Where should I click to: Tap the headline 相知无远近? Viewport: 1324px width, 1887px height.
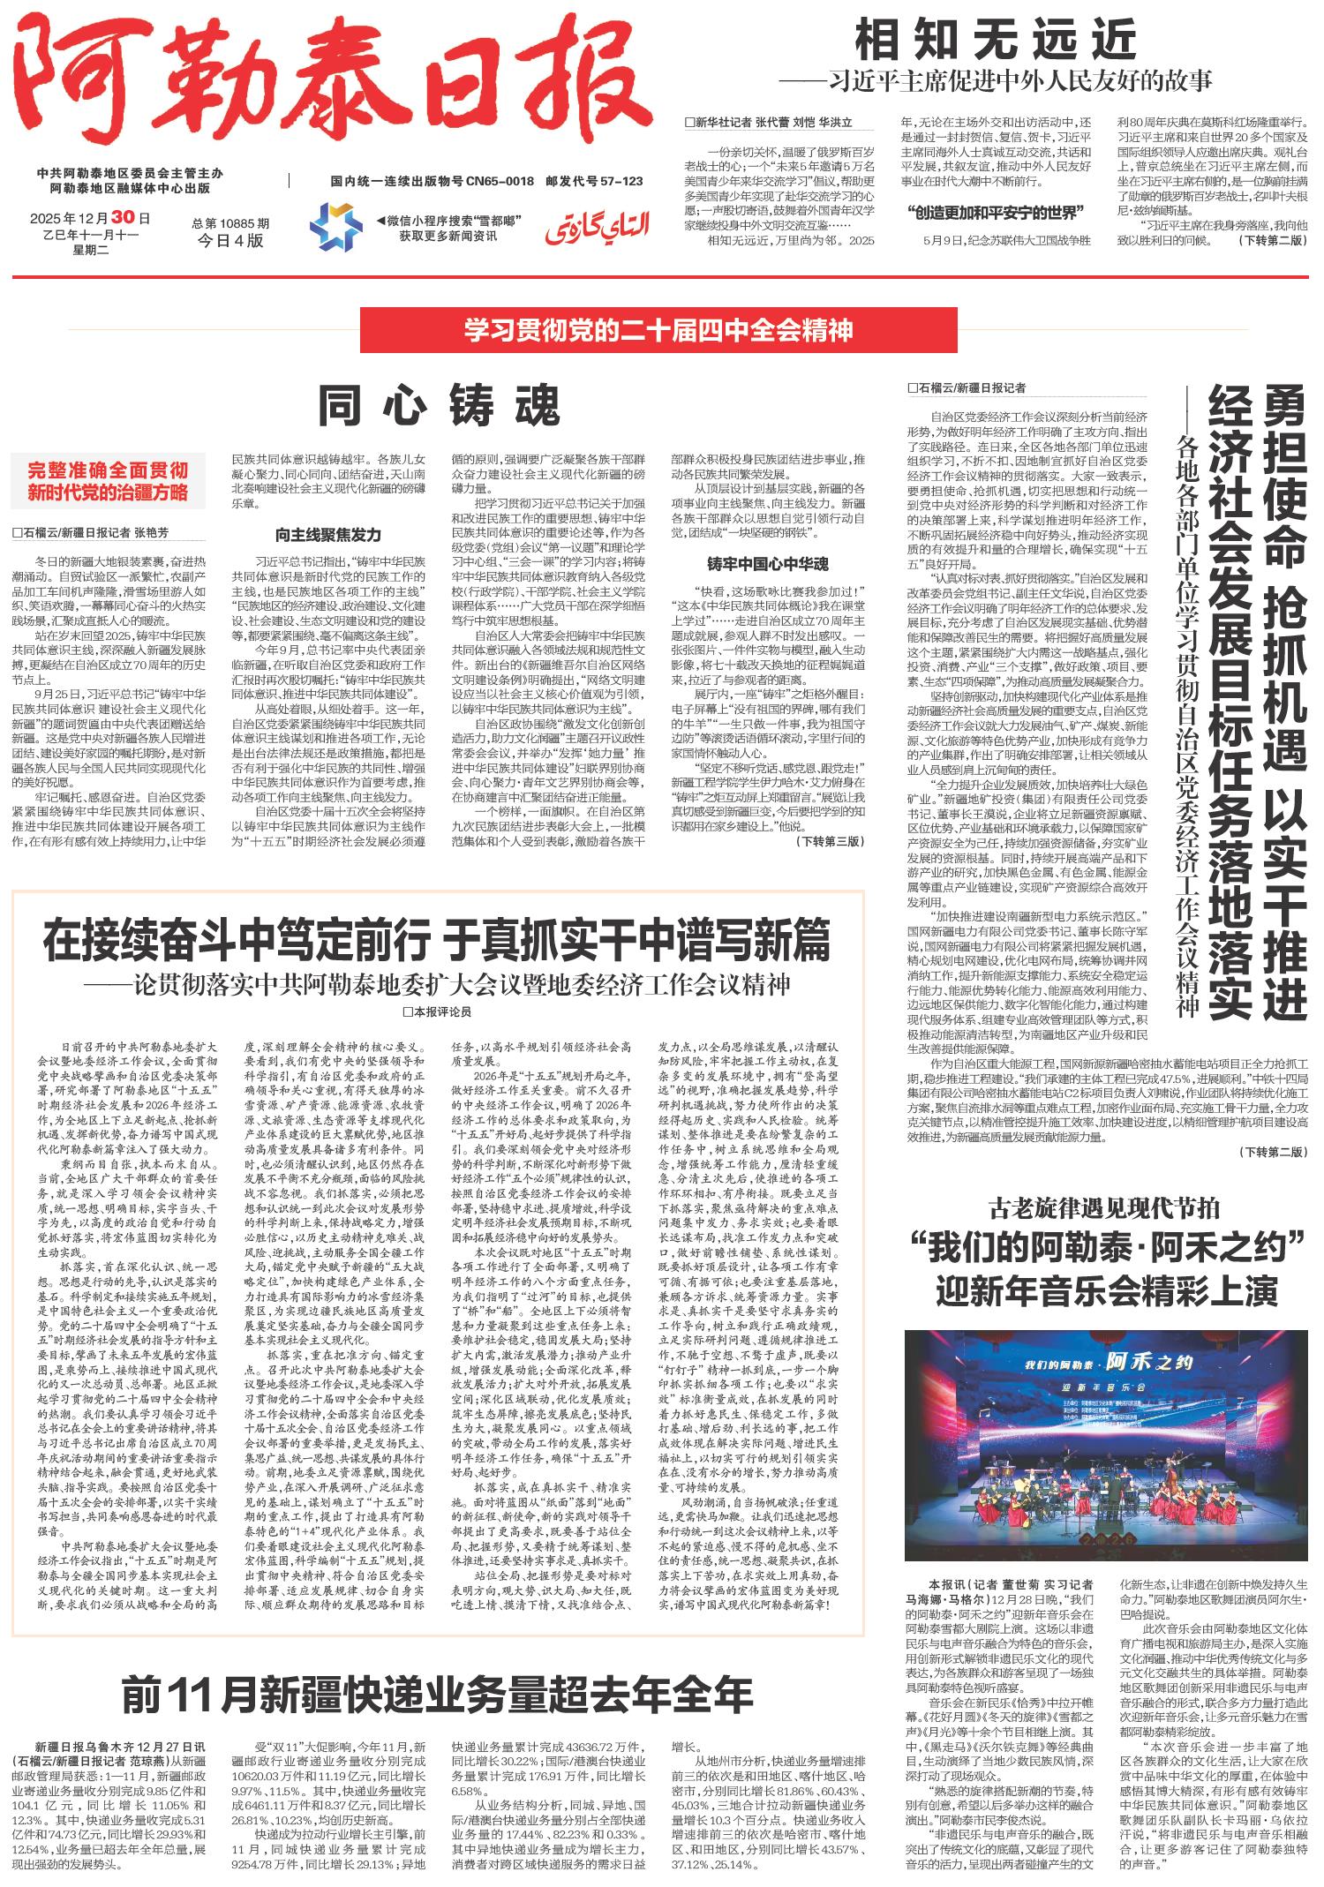tap(996, 41)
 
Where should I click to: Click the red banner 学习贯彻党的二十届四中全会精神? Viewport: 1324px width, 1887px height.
tap(659, 331)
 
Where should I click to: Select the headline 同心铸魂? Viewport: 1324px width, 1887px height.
tap(440, 406)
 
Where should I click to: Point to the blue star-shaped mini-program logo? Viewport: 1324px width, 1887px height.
tap(335, 226)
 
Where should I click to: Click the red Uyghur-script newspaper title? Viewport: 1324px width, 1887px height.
tap(596, 228)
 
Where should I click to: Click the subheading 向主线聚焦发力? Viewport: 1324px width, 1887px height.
tap(327, 535)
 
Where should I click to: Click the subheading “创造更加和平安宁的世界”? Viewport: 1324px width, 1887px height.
tap(995, 212)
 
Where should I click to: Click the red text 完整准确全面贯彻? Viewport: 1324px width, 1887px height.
tap(107, 470)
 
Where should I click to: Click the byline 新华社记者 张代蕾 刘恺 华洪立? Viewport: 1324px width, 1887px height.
tap(770, 123)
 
